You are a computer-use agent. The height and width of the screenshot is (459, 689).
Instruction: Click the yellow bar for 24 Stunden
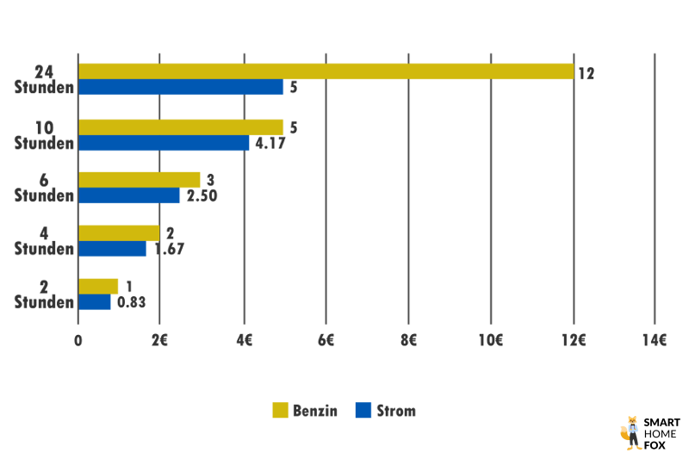(326, 71)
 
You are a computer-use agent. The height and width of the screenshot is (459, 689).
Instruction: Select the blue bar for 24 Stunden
(181, 88)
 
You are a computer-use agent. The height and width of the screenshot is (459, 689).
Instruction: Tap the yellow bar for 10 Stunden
(181, 127)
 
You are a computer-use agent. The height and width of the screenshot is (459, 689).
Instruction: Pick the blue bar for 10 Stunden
(164, 143)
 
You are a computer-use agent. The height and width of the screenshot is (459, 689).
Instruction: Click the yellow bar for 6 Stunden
(140, 179)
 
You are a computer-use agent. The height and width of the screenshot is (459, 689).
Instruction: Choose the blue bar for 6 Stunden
(129, 195)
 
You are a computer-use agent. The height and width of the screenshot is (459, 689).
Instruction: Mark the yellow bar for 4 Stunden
(119, 233)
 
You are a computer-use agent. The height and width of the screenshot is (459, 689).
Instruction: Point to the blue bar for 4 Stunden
(113, 249)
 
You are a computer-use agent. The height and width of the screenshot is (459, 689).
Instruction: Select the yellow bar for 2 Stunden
(99, 286)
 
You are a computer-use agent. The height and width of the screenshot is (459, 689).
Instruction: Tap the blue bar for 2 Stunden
(95, 302)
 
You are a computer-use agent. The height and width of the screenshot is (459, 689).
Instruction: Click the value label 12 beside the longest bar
(586, 74)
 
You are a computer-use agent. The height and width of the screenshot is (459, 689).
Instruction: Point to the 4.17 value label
(270, 143)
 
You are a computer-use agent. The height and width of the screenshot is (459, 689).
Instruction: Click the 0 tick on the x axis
(78, 339)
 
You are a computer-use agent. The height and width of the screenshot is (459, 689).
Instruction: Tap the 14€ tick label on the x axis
(655, 339)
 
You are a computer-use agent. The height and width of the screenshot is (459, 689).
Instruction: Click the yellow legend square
(280, 411)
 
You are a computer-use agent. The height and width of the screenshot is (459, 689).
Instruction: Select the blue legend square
(363, 411)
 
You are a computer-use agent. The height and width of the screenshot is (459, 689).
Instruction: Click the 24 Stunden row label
(44, 79)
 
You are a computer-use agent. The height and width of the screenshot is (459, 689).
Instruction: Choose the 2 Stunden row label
(44, 294)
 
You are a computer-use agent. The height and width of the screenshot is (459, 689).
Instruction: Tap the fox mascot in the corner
(631, 432)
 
